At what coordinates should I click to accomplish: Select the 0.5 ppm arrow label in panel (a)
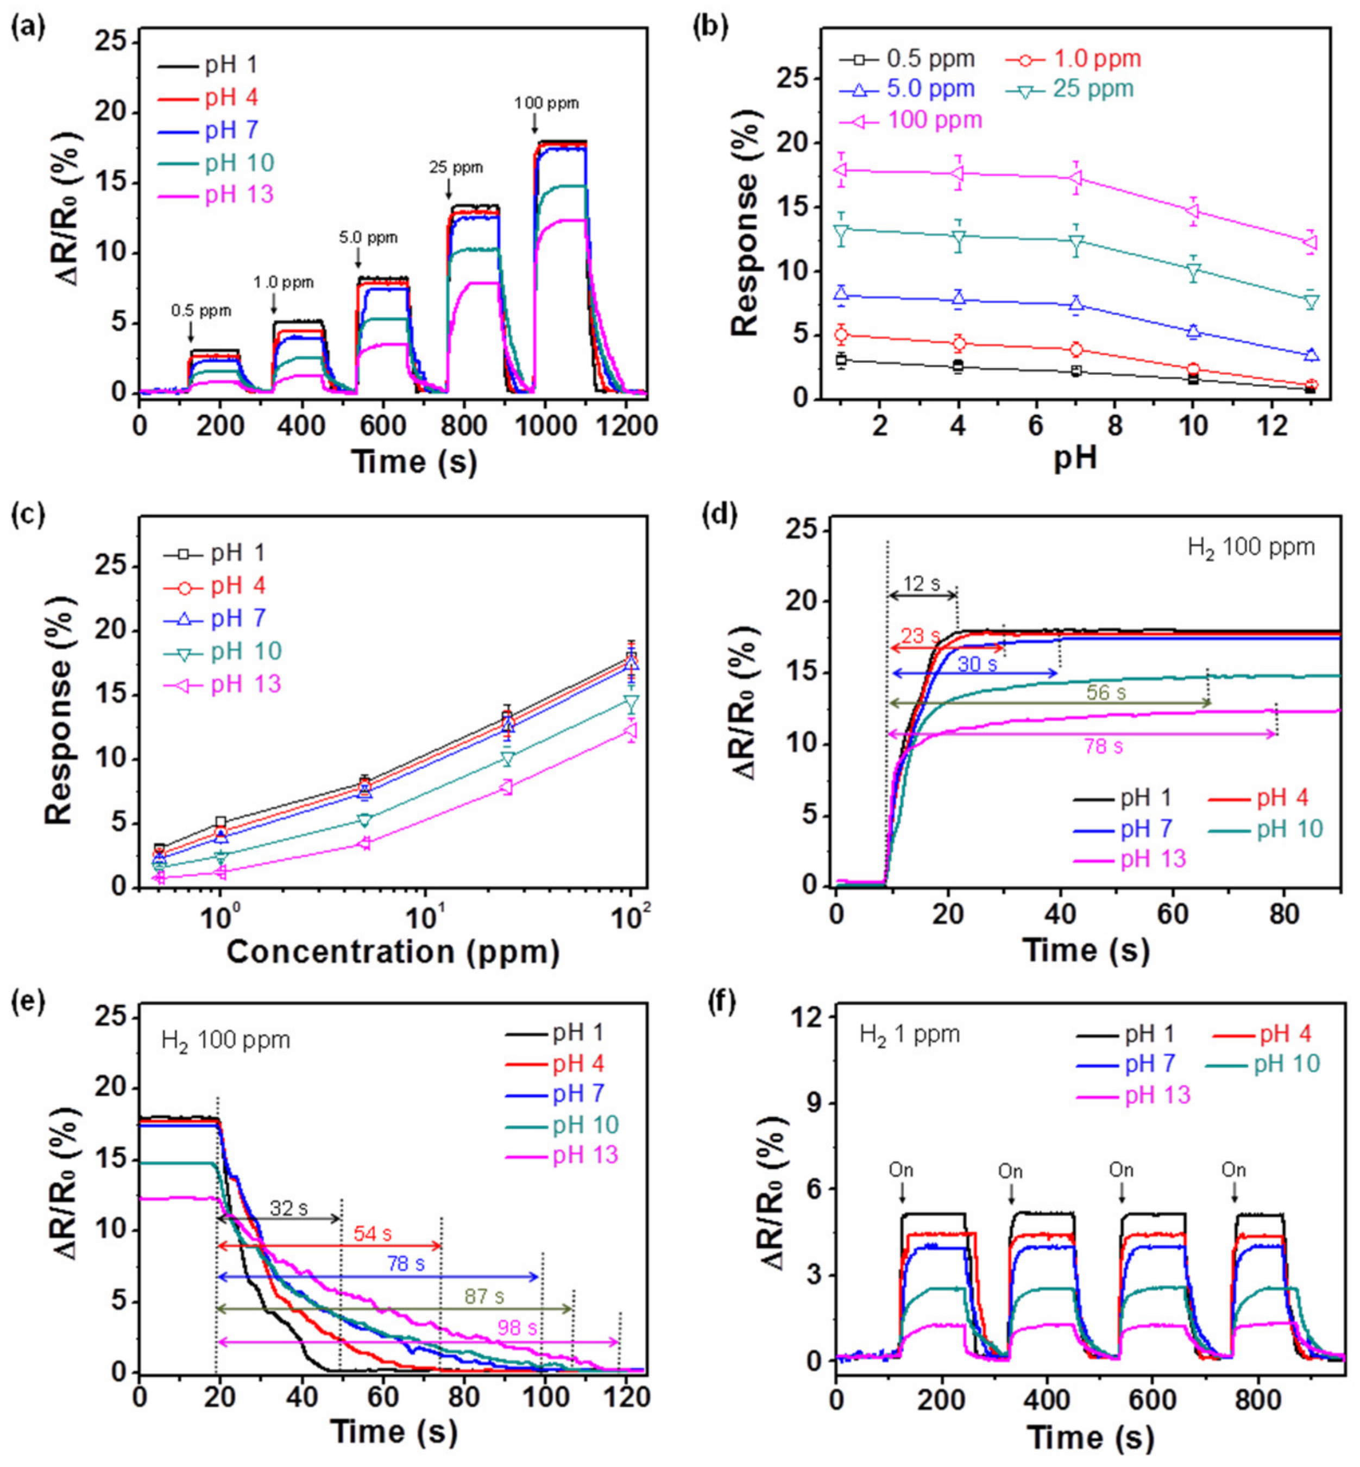point(201,311)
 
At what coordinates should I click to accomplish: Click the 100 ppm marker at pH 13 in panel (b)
point(1311,242)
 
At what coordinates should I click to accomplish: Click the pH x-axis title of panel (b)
point(1075,458)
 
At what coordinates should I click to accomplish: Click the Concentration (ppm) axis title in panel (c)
point(392,952)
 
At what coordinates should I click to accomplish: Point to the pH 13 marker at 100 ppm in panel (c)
point(631,730)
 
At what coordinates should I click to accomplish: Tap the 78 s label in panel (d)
point(1103,747)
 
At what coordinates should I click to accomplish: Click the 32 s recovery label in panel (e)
point(288,1208)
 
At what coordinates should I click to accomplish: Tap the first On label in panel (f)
point(901,1170)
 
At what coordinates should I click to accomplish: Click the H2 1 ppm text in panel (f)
point(910,1034)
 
